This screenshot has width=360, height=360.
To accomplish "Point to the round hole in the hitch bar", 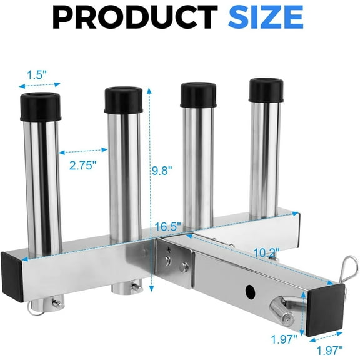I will coord(251,291).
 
